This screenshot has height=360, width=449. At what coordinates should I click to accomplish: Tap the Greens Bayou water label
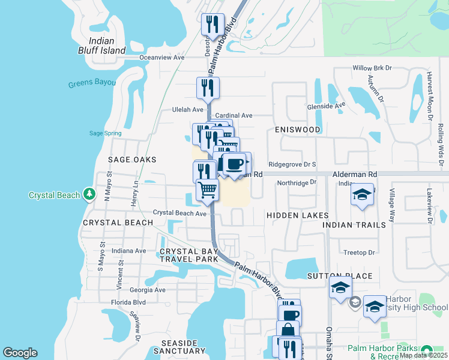pyautogui.click(x=92, y=83)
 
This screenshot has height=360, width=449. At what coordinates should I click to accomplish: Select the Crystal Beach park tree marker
pyautogui.click(x=89, y=194)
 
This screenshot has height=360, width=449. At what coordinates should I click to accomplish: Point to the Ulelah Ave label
pyautogui.click(x=188, y=110)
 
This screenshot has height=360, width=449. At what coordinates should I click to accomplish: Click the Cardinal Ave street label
pyautogui.click(x=234, y=115)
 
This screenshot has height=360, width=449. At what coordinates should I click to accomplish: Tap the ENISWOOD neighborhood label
pyautogui.click(x=298, y=130)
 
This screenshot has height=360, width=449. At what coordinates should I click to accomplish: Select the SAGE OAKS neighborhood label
pyautogui.click(x=132, y=160)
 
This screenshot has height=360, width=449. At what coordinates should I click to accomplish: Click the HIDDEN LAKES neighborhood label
pyautogui.click(x=298, y=215)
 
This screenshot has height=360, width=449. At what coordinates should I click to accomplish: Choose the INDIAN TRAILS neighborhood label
pyautogui.click(x=354, y=224)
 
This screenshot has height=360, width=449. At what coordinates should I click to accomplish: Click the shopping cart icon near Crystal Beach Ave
pyautogui.click(x=207, y=190)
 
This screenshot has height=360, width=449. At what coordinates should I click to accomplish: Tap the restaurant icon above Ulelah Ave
pyautogui.click(x=208, y=88)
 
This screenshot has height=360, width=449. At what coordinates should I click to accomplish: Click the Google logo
pyautogui.click(x=20, y=353)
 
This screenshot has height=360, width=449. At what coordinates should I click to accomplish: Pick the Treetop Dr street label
pyautogui.click(x=359, y=253)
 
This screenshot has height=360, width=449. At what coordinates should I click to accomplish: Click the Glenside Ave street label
pyautogui.click(x=331, y=104)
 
